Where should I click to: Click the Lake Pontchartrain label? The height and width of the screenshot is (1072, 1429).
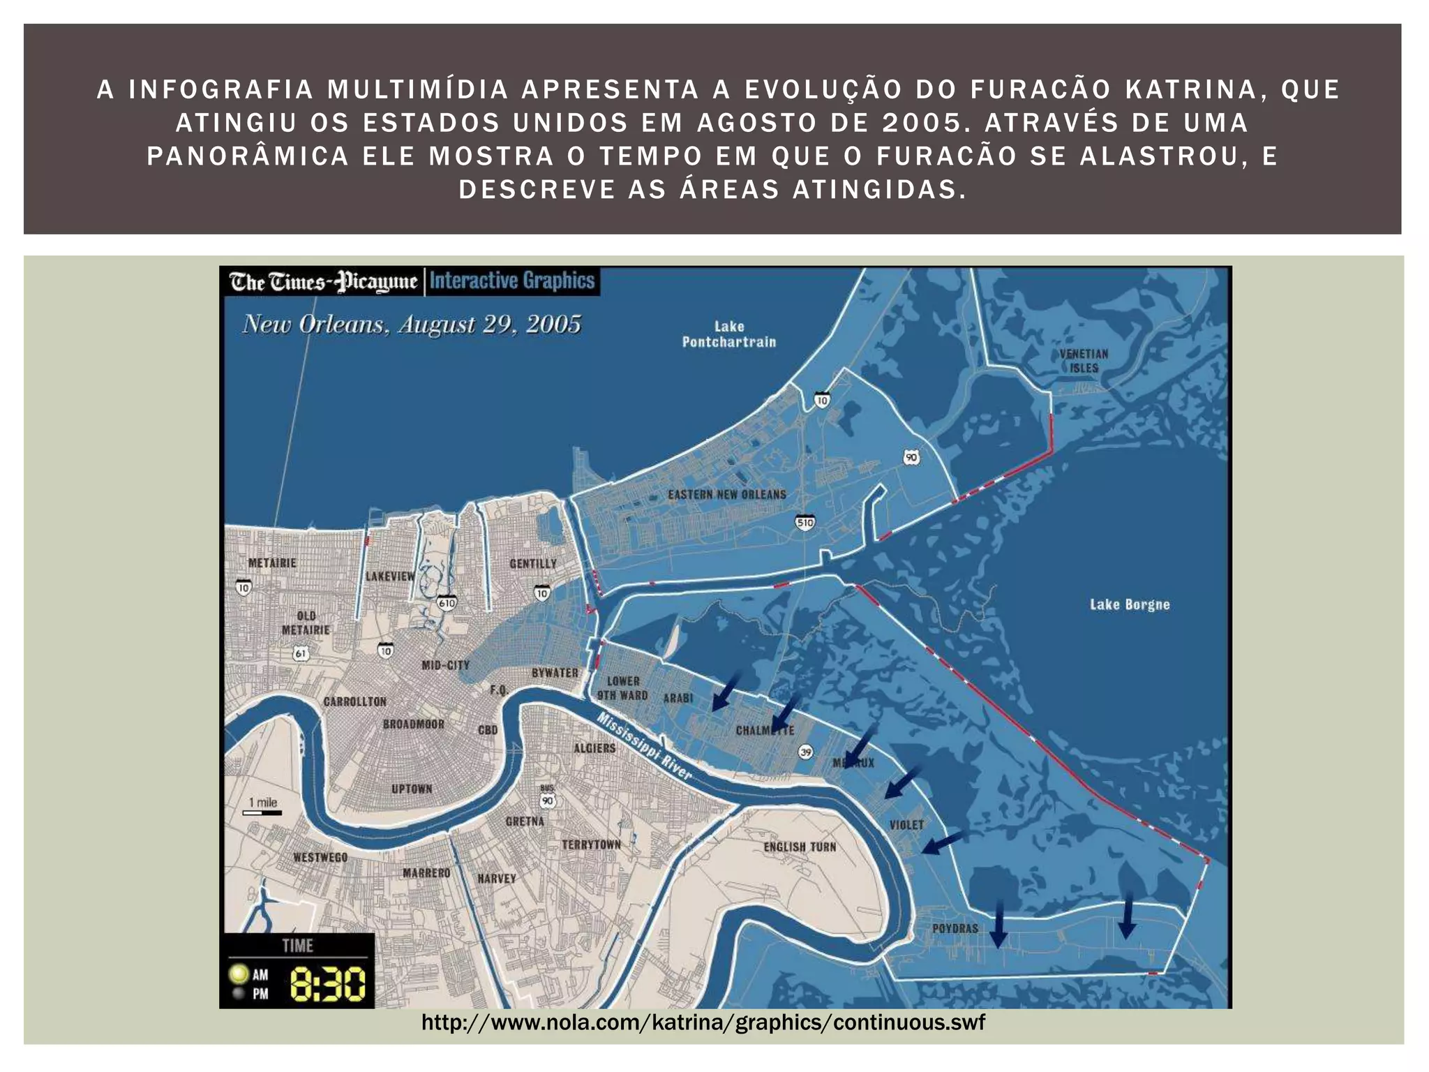pos(728,334)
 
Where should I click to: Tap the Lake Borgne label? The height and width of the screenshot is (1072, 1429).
pos(1130,604)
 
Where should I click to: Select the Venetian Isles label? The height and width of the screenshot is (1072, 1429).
pos(1084,361)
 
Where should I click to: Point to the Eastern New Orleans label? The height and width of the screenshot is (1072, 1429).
pos(727,495)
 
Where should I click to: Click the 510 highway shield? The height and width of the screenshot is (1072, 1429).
pos(805,523)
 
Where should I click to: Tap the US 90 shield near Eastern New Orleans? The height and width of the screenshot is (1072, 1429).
pos(911,458)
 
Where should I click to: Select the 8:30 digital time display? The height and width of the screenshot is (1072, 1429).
pos(327,984)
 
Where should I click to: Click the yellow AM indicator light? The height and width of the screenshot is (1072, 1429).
pos(239,974)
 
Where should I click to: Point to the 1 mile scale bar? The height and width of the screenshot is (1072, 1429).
pos(262,812)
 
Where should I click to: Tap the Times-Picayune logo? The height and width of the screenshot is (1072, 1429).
pos(323,282)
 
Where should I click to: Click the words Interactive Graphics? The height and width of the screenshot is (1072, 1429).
pos(512,281)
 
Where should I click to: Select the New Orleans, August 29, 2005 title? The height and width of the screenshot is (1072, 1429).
pos(412,325)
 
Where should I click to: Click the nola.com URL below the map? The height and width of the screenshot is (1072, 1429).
pos(703,1022)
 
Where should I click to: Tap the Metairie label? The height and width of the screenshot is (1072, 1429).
pos(272,563)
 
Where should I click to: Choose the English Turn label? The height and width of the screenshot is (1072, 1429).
pos(800,847)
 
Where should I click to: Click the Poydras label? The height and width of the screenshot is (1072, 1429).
pos(955,928)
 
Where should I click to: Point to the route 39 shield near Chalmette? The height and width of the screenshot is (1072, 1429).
pos(806,752)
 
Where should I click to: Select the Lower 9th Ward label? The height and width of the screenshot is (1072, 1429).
pos(622,688)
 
